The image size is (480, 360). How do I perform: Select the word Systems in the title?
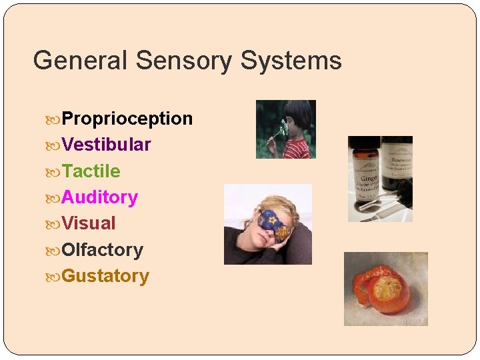coord(291,61)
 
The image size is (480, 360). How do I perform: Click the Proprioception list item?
coord(127,119)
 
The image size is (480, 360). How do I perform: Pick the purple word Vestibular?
coord(106,145)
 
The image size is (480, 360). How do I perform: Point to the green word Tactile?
coord(91,171)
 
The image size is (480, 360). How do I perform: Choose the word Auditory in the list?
coord(99,197)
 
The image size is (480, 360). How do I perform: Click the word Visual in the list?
coord(89,223)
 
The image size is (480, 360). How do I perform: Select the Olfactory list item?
coord(102,250)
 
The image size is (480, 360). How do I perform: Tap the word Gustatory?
coord(105,276)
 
